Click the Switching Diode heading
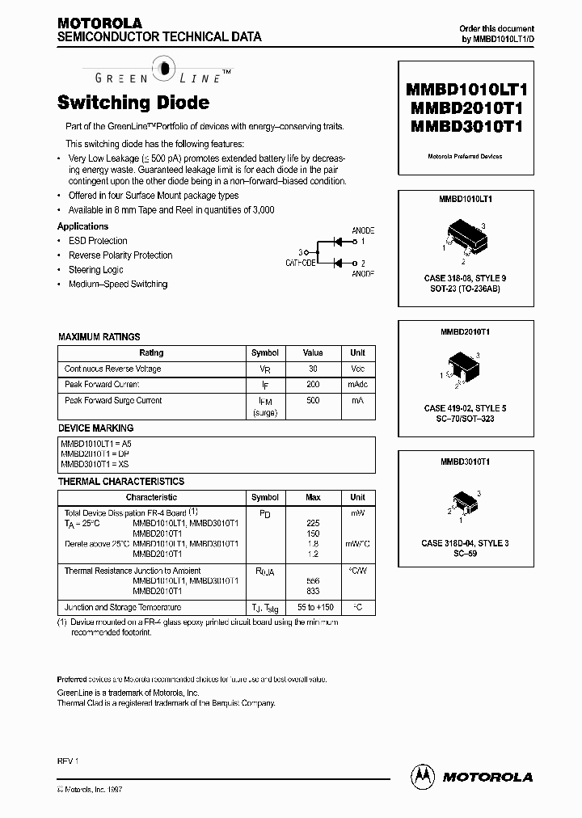coord(133,103)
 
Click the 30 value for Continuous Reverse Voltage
coord(313,369)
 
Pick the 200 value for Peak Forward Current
coord(313,385)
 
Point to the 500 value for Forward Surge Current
coord(313,400)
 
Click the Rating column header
coord(151,352)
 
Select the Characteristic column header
coord(151,497)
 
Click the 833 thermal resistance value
coord(313,591)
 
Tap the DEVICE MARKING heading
coord(96,428)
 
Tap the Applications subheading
coord(82,226)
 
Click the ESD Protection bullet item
coord(98,241)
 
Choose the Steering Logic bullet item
coord(96,269)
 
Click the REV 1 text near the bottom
coord(67,761)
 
